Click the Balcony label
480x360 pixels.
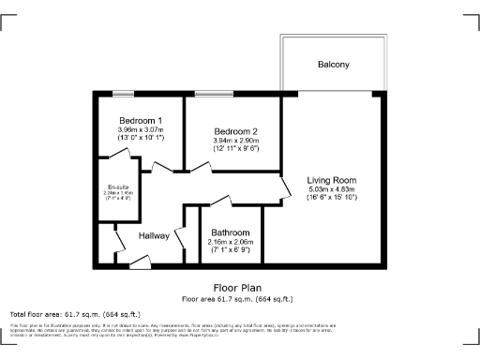tap(333, 65)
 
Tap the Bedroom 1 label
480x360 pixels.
tap(141, 120)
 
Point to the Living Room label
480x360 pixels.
tap(332, 179)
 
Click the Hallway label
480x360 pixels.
tap(154, 236)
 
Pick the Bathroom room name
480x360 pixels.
tap(230, 232)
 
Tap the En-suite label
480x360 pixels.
tap(117, 187)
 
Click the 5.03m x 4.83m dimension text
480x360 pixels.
tap(332, 188)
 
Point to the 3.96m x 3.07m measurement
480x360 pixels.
tap(141, 129)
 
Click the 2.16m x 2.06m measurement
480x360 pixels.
tap(230, 242)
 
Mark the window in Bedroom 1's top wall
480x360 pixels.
tap(122, 92)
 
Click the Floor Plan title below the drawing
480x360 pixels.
tap(238, 288)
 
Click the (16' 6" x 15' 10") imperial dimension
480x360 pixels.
tap(332, 198)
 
